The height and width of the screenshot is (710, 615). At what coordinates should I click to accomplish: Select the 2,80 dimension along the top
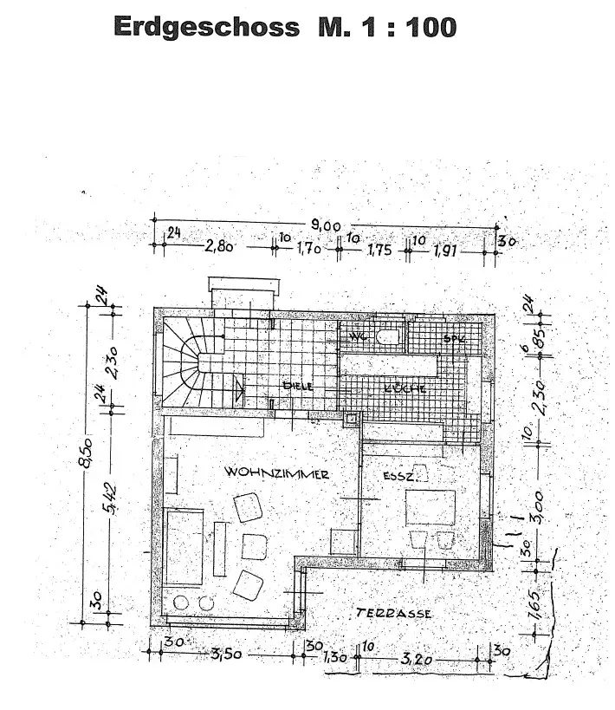point(220,247)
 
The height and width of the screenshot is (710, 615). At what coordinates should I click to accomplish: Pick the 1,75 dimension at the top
point(379,251)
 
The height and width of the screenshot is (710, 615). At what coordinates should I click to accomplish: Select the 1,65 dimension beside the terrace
point(534,601)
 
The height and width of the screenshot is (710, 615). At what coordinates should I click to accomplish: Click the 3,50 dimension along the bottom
point(226,654)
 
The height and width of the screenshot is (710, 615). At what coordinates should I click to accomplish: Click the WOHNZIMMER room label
point(276,473)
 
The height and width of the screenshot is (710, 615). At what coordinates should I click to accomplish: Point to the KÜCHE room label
point(405,389)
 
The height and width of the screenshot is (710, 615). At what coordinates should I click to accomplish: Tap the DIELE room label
point(296,385)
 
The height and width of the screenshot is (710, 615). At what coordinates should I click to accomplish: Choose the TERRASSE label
point(393,613)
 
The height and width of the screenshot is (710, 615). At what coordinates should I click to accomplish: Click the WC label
point(359,335)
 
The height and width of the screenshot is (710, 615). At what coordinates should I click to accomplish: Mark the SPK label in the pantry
point(454,338)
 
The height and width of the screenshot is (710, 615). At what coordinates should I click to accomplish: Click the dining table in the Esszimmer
point(430,507)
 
